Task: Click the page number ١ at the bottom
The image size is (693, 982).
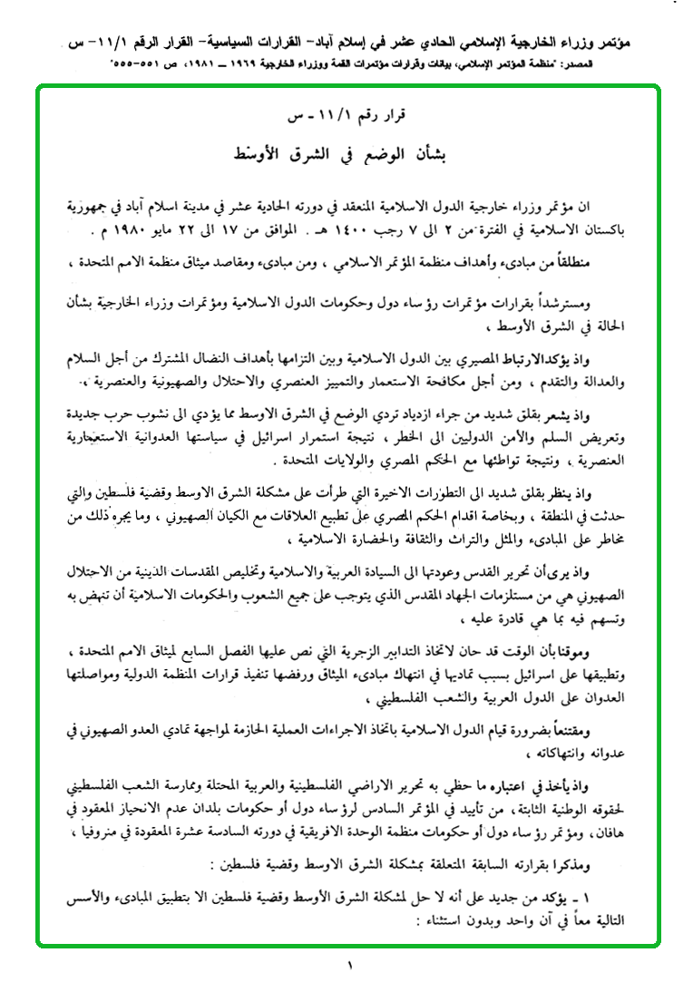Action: (347, 965)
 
